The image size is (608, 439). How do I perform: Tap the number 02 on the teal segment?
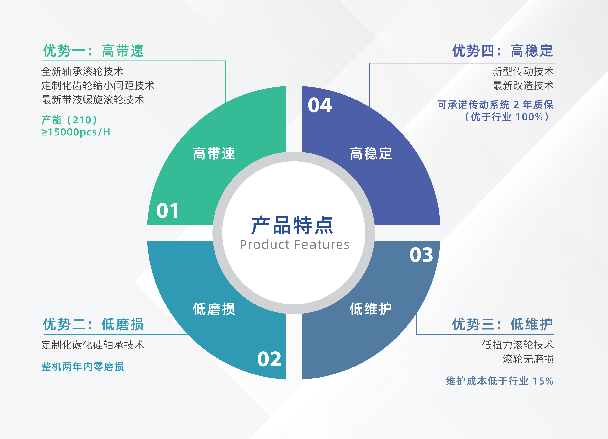point(269,359)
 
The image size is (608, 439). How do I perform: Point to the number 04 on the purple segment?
point(320,105)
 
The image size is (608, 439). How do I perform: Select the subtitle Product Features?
point(295,245)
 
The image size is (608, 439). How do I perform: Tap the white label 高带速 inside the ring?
point(214,153)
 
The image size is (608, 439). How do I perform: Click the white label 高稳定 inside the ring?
point(371,153)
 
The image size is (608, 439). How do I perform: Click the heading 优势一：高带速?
point(93,51)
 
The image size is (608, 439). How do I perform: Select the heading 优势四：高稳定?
point(503,51)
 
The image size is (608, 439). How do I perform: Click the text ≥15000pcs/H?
point(76,132)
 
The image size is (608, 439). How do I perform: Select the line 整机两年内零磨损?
point(82,367)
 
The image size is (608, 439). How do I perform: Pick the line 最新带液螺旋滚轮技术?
point(93,100)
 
